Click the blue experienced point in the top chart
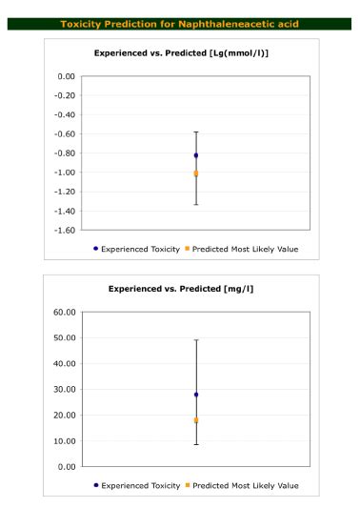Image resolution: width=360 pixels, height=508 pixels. (x=195, y=155)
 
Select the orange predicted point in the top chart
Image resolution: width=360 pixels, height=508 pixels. (x=195, y=173)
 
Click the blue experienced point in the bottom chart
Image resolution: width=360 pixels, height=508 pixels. (x=195, y=395)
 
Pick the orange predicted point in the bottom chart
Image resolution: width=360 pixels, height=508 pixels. (x=195, y=420)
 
